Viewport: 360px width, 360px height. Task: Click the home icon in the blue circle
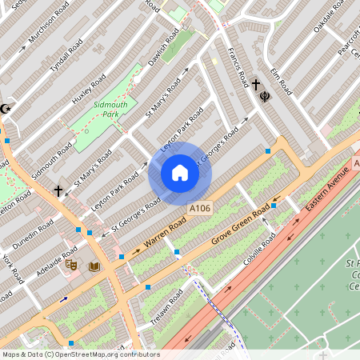[179, 173]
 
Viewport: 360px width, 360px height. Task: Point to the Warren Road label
[163, 234]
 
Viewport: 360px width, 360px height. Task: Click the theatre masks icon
[71, 264]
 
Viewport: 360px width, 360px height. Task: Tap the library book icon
[94, 266]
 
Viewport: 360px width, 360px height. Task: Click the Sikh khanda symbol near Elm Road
[265, 90]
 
